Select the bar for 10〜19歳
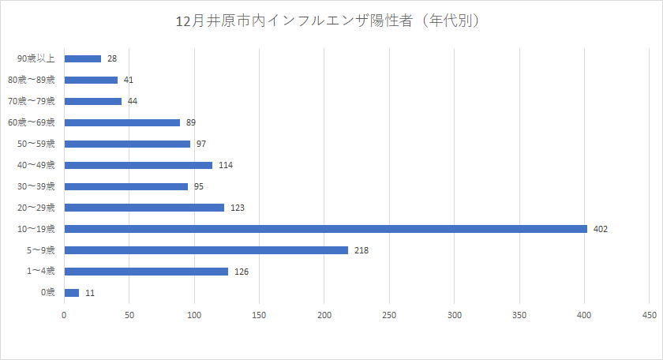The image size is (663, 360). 325,229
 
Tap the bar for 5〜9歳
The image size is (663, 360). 206,250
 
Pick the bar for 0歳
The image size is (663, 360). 72,293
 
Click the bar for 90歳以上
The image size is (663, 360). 83,58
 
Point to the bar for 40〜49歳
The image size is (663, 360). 138,165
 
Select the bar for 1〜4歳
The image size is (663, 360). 146,272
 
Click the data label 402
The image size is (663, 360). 600,229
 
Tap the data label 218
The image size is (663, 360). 361,250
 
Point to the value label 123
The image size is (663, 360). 238,208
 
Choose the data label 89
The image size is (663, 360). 191,122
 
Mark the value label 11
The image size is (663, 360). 90,293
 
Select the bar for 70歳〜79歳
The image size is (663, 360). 93,101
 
